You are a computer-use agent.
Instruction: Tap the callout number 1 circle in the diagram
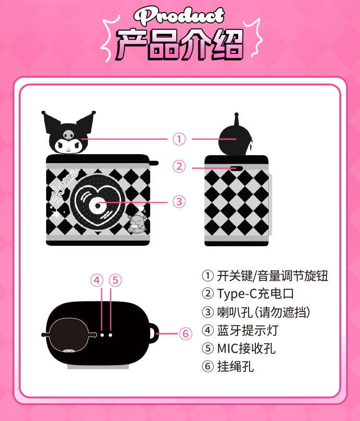(x=179, y=139)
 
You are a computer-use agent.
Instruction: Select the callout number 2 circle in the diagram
(x=179, y=167)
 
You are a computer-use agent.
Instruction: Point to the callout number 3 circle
(x=179, y=202)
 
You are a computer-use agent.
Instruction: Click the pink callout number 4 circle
(x=97, y=280)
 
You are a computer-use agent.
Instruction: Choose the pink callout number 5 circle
(x=115, y=280)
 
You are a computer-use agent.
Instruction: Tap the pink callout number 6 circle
(x=185, y=334)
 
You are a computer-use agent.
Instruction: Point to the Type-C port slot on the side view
(x=236, y=168)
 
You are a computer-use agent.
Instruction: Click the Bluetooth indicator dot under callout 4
(x=102, y=335)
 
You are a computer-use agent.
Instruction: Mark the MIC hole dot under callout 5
(x=110, y=335)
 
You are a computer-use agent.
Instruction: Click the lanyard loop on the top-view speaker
(x=153, y=334)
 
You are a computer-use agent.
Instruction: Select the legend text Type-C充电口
(x=255, y=294)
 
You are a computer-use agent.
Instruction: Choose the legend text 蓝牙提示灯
(x=248, y=330)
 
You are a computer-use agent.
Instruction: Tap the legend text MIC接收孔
(x=246, y=348)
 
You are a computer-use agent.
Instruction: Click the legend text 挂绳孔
(x=235, y=366)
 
